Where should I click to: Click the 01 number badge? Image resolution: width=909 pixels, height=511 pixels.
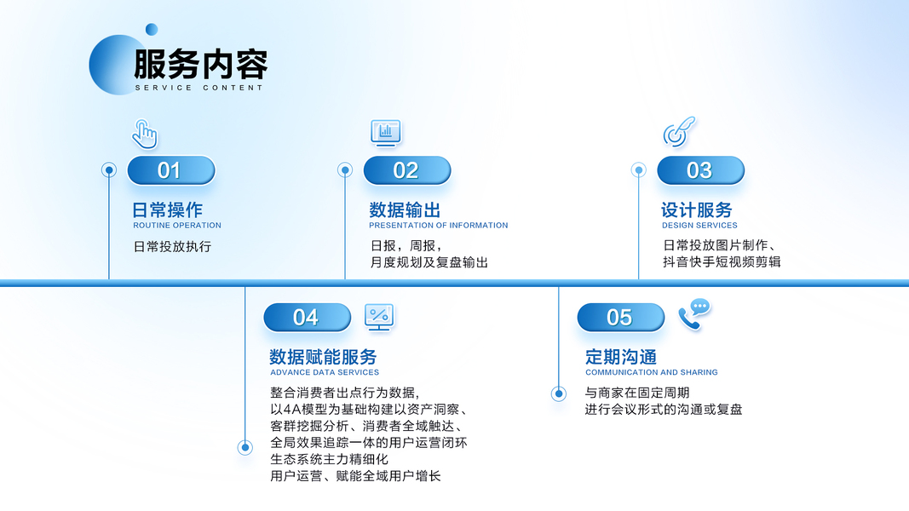[x=170, y=170]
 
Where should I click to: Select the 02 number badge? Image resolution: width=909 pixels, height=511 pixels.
[x=406, y=170]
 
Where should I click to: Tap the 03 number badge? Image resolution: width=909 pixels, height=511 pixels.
[x=699, y=170]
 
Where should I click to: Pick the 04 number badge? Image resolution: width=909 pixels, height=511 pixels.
[x=307, y=318]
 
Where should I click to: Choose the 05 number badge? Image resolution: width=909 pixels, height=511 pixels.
[x=620, y=318]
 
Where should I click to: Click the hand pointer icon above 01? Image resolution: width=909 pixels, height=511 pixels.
[x=145, y=134]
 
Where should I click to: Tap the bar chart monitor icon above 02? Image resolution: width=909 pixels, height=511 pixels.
[x=386, y=132]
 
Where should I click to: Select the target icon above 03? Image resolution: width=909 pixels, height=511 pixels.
[x=678, y=132]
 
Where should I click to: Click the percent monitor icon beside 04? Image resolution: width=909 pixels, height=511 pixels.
[x=379, y=317]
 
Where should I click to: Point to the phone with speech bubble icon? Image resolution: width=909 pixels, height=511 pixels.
[x=693, y=313]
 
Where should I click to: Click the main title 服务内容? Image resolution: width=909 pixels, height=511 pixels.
[x=200, y=65]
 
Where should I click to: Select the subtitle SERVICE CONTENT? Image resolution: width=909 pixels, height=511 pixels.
[x=199, y=88]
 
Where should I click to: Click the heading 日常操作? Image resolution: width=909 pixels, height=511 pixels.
[x=168, y=210]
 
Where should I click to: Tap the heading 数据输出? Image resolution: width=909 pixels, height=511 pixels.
[x=405, y=210]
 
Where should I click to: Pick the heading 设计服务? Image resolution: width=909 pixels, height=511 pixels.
[x=697, y=210]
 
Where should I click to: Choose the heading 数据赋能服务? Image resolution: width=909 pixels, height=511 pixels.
[x=323, y=356]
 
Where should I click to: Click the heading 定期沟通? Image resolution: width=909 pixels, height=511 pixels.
[x=621, y=356]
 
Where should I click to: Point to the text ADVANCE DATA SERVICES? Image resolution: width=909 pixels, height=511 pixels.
[x=325, y=372]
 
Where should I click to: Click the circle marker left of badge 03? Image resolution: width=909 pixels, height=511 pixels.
[x=639, y=170]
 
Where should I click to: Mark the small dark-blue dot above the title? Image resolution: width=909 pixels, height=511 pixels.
[x=152, y=30]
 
